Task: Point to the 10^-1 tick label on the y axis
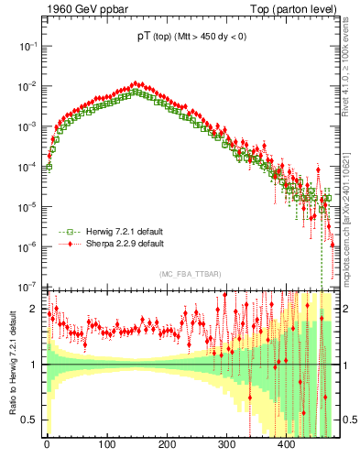(x=27, y=45)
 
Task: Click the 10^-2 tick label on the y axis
(x=27, y=85)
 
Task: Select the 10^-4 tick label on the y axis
(x=27, y=166)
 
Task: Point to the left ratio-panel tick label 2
(x=36, y=310)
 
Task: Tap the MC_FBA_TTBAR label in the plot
(x=190, y=275)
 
